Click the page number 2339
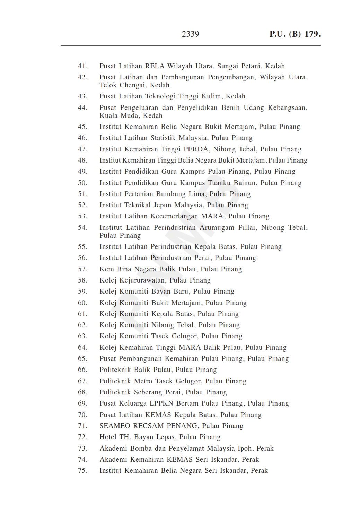(x=190, y=34)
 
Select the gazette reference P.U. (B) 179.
(x=295, y=34)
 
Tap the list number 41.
(x=82, y=66)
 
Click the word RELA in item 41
(x=155, y=66)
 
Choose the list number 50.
(x=82, y=183)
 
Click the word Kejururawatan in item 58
(x=142, y=280)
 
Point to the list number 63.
(x=82, y=336)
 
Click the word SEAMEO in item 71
(x=115, y=426)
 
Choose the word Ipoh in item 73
(x=245, y=448)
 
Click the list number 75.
(x=82, y=470)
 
